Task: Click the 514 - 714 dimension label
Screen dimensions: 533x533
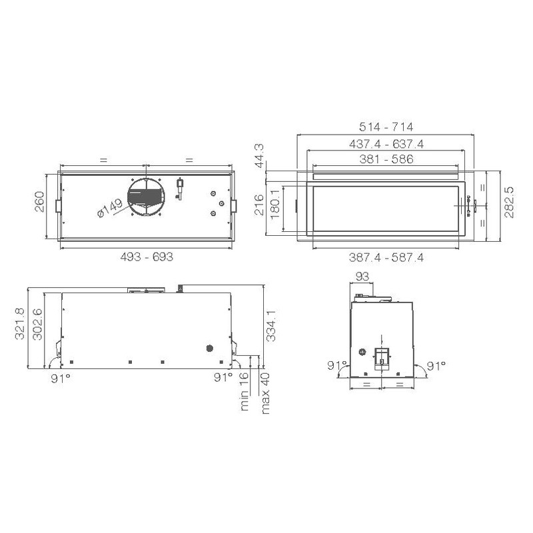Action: tap(386, 127)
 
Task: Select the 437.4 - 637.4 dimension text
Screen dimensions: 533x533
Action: tap(386, 144)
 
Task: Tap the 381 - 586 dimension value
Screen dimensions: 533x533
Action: tap(386, 159)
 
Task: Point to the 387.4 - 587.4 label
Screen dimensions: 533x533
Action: tap(386, 257)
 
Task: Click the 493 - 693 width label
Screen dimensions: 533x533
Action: tap(147, 257)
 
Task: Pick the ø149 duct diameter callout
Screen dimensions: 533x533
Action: tap(110, 209)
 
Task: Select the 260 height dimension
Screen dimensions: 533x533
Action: tap(40, 202)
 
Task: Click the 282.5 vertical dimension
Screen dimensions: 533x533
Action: tap(509, 203)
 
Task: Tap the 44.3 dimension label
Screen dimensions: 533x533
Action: tap(259, 156)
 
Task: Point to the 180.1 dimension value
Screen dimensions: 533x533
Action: tap(274, 204)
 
